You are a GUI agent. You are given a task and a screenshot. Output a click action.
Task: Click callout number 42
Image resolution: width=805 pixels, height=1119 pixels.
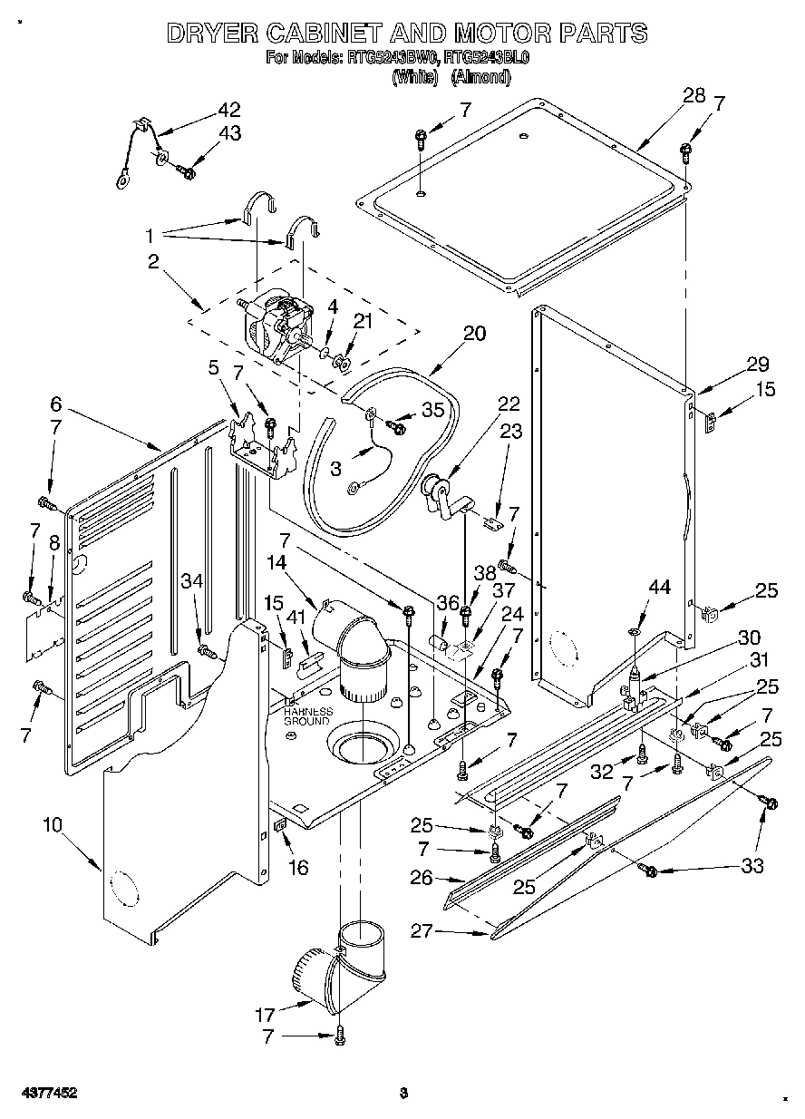point(228,110)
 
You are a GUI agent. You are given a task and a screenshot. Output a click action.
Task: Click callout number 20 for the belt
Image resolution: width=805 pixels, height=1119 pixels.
point(474,334)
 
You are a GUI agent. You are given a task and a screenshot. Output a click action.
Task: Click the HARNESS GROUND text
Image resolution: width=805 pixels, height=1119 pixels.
point(307,716)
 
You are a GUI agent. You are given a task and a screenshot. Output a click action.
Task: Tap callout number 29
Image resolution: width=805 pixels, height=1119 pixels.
point(757,365)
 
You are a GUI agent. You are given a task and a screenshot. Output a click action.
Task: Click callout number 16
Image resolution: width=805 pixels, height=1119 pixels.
point(297,868)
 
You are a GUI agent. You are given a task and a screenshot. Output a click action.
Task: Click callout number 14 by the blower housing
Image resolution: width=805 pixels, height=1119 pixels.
point(276,562)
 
